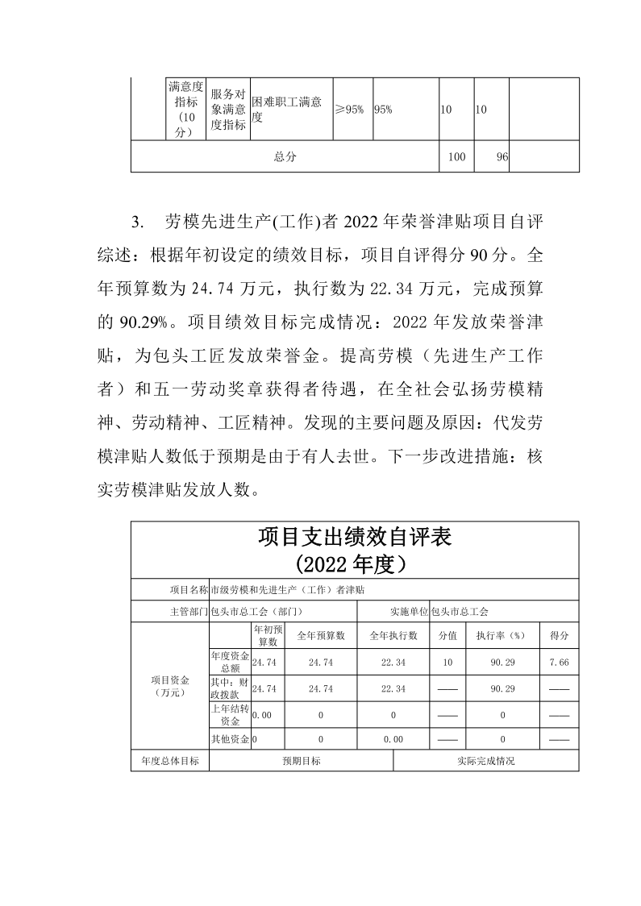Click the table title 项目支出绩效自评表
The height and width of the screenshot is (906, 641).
[x=354, y=537]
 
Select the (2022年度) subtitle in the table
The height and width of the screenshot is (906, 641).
[x=354, y=563]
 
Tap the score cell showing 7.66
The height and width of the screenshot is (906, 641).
[x=559, y=662]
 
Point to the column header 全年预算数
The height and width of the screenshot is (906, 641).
[x=321, y=635]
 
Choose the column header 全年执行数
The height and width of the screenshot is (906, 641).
[x=393, y=635]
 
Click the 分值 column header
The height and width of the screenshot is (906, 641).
[x=447, y=635]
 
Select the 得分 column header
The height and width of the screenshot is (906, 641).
[x=559, y=635]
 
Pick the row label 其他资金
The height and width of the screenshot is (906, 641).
[x=230, y=738]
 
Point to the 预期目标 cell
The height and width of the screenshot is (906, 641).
[x=301, y=760]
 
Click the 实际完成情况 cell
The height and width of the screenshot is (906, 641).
[x=485, y=760]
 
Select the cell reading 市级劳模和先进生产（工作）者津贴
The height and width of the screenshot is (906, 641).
[x=286, y=590]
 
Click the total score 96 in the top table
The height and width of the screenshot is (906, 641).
[x=502, y=157]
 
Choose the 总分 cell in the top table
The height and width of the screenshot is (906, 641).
[x=285, y=157]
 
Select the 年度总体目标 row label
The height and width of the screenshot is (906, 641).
[x=170, y=760]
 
